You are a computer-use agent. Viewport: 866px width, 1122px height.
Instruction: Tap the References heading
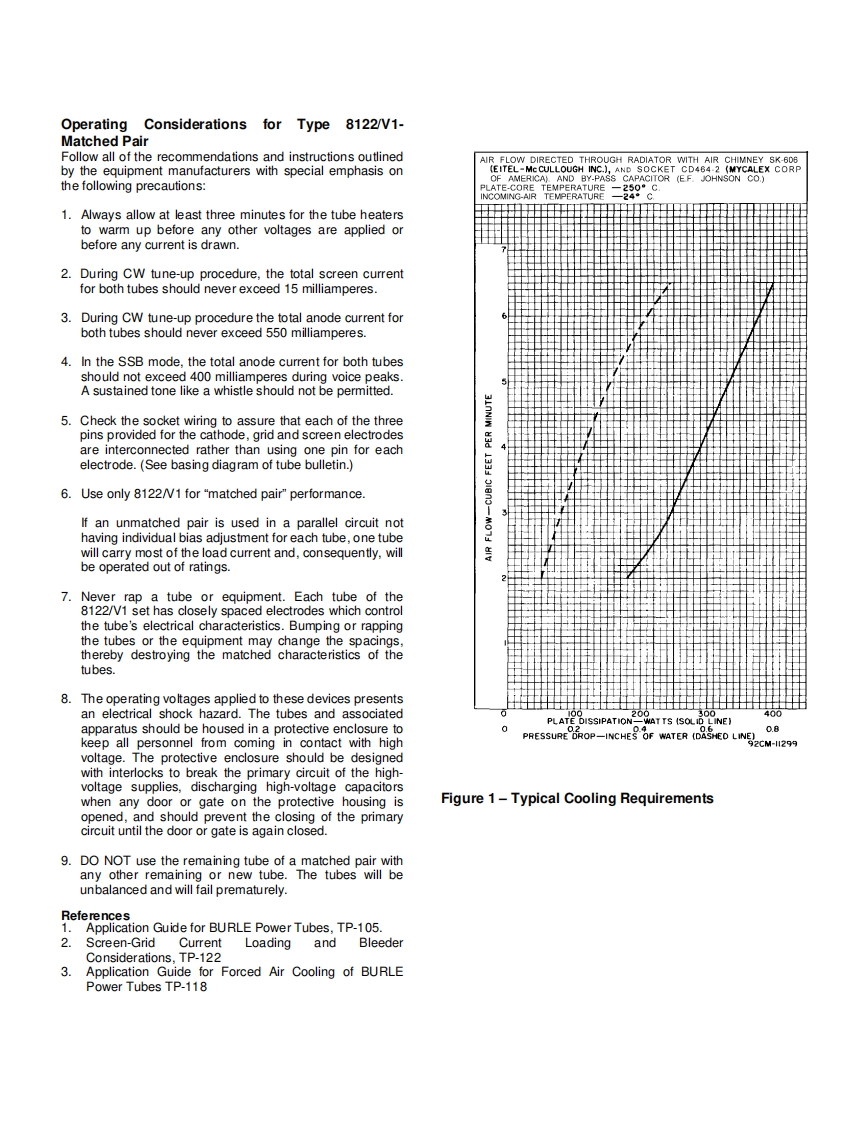95,915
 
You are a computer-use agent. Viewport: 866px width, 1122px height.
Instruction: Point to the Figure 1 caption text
577,798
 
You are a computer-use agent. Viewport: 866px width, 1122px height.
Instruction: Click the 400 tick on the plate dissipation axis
773,714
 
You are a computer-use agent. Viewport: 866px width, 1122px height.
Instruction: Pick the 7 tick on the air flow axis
504,249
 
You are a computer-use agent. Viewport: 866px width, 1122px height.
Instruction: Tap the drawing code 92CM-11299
771,744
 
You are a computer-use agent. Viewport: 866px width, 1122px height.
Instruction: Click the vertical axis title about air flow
489,478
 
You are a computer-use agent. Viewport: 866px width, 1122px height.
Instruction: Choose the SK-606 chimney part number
785,159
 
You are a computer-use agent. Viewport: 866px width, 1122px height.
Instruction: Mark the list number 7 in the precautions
66,597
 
